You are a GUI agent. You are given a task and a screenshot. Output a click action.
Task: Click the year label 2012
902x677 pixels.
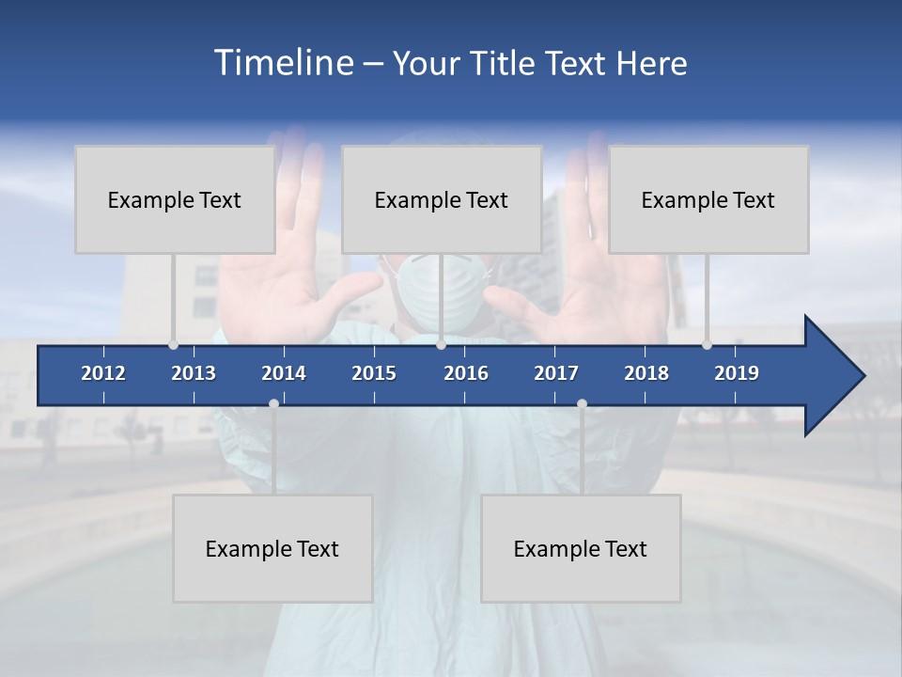pyautogui.click(x=103, y=373)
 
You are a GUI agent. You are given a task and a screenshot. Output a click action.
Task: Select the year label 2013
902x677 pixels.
pyautogui.click(x=194, y=373)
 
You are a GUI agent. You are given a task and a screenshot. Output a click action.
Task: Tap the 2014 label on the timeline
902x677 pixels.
pyautogui.click(x=284, y=373)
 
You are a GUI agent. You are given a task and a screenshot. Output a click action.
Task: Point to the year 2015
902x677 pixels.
pyautogui.click(x=374, y=373)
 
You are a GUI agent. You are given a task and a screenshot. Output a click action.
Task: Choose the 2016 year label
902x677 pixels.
pyautogui.click(x=466, y=373)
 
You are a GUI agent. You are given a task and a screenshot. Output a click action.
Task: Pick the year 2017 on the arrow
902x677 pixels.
pyautogui.click(x=556, y=373)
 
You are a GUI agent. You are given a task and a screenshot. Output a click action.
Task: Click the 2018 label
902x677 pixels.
pyautogui.click(x=646, y=373)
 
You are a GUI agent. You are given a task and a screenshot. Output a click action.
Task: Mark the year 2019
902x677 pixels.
pyautogui.click(x=737, y=373)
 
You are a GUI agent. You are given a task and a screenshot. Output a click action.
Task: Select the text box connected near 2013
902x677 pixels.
pyautogui.click(x=175, y=199)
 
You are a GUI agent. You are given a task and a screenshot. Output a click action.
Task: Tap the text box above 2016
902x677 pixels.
pyautogui.click(x=442, y=199)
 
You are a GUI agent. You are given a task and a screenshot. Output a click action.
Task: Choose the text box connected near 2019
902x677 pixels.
pyautogui.click(x=708, y=199)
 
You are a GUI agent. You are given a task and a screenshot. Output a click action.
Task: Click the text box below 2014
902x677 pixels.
pyautogui.click(x=272, y=548)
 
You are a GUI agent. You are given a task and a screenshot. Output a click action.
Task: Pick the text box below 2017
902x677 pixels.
pyautogui.click(x=581, y=548)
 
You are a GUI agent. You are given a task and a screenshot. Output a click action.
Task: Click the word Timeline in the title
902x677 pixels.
pyautogui.click(x=283, y=62)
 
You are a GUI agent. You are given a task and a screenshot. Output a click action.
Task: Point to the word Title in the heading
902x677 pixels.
pyautogui.click(x=505, y=63)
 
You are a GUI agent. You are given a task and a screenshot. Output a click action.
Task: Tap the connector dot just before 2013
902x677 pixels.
pyautogui.click(x=173, y=345)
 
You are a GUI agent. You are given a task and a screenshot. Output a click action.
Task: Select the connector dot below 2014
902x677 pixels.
pyautogui.click(x=273, y=403)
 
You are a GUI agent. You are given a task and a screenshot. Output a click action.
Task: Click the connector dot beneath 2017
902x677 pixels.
pyautogui.click(x=582, y=403)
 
